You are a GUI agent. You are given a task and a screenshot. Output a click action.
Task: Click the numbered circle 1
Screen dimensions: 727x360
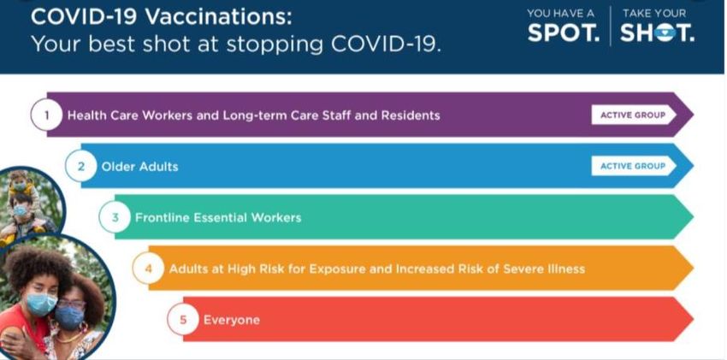[46, 115]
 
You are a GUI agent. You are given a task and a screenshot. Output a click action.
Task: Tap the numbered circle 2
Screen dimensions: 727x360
[80, 166]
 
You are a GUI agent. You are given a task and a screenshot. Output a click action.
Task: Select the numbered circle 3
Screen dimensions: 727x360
[115, 217]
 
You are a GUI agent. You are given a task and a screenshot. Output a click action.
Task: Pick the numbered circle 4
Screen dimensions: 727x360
[148, 269]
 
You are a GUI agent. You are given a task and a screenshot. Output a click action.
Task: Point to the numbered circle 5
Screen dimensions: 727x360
[183, 319]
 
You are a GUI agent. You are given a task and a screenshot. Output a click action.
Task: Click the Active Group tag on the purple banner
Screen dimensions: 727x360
[633, 115]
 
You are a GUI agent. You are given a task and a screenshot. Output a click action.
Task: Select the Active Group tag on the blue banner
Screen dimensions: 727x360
[633, 166]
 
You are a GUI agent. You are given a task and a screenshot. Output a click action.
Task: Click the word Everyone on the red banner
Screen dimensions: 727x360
[232, 320]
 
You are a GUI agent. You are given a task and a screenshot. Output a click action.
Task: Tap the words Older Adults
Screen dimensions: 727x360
[139, 167]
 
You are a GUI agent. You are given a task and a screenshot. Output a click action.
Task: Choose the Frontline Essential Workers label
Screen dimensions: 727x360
[218, 217]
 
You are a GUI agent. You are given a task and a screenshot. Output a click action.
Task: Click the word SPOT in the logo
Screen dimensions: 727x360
[564, 32]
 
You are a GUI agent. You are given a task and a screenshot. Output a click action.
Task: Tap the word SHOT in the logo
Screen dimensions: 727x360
[658, 32]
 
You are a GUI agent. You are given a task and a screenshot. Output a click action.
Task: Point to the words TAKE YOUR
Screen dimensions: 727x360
[653, 13]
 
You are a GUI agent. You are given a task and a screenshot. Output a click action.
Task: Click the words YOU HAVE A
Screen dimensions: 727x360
[560, 13]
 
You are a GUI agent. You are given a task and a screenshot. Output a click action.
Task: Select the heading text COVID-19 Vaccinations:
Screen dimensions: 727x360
[162, 17]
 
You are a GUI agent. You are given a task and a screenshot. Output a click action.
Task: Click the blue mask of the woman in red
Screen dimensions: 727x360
[41, 304]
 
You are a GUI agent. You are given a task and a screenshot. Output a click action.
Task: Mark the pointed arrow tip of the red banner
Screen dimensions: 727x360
[693, 319]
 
